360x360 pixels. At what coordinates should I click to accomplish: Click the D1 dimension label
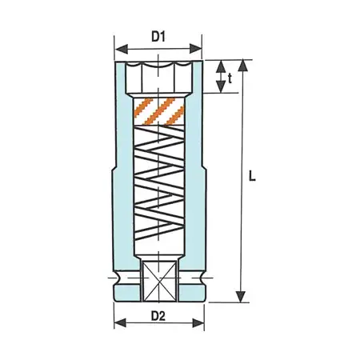[x=158, y=36]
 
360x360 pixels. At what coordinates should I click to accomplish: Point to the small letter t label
[x=230, y=78]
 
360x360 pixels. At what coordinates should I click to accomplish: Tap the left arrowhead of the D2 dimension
[x=118, y=324]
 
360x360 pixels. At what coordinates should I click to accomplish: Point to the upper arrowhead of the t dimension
[x=218, y=64]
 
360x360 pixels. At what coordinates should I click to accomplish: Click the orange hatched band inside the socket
[x=158, y=111]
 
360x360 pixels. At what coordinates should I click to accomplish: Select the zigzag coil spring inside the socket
[x=158, y=192]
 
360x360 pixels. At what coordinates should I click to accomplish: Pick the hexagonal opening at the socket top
[x=158, y=77]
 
